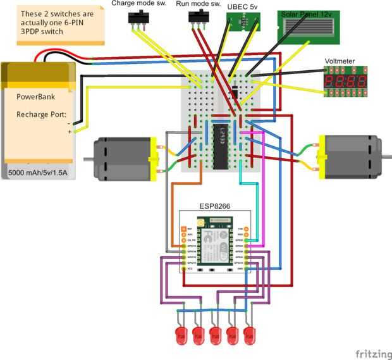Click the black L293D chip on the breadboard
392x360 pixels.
(220, 147)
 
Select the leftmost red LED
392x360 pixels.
(181, 335)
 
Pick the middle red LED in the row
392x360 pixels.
(216, 335)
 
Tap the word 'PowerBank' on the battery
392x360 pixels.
(35, 98)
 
